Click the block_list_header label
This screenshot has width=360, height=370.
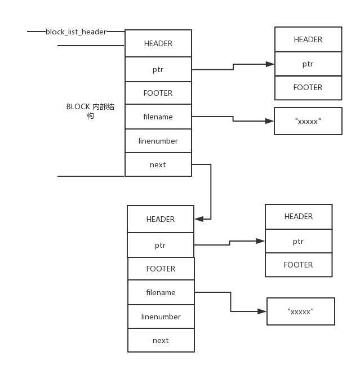pos(76,32)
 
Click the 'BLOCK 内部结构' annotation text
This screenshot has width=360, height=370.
pos(90,111)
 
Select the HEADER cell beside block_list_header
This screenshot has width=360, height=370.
pos(158,43)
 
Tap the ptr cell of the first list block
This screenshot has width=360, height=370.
pos(158,69)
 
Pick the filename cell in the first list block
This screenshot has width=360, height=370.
pos(158,117)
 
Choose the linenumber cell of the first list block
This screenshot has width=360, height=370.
pos(158,141)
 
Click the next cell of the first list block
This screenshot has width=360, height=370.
pos(158,164)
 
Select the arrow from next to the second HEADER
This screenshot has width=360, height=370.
pos(210,191)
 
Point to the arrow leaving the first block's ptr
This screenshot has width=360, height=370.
pos(233,67)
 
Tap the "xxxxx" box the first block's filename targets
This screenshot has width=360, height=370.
pos(308,121)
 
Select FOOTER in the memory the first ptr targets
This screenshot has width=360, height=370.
pos(308,87)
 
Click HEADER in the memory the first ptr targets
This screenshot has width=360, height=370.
pos(308,39)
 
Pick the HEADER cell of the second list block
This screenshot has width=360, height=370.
pos(161,219)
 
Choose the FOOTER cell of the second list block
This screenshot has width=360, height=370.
pos(161,269)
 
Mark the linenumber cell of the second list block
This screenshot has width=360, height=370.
pos(161,316)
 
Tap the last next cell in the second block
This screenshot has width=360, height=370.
pos(161,340)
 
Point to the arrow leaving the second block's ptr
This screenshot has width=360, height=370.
pos(229,243)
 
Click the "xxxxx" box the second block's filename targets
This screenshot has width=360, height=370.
pos(300,311)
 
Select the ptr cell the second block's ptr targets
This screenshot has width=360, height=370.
pos(298,241)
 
